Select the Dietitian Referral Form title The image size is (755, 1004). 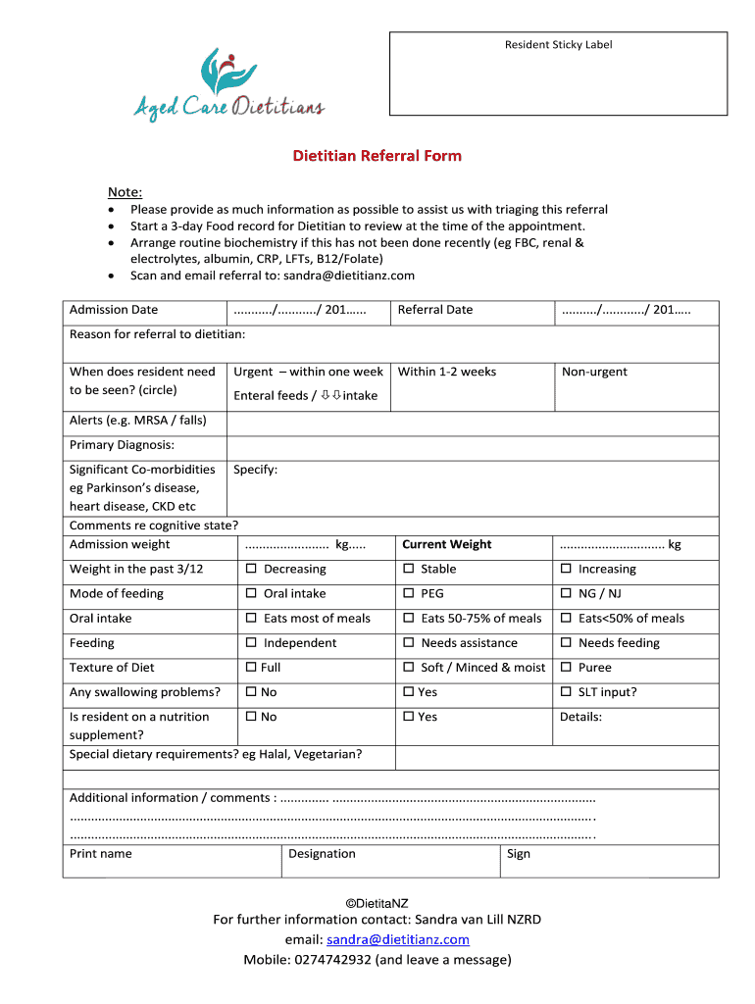377,156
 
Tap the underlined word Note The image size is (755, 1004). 125,192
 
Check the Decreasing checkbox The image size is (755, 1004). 251,570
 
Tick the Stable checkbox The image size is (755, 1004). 409,570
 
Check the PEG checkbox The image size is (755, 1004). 409,594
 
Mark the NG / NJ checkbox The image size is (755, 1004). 566,594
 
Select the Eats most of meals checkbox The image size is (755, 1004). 251,619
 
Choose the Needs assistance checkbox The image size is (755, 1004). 409,643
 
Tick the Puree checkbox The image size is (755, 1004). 566,668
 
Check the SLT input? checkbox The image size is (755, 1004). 566,692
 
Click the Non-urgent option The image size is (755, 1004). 594,372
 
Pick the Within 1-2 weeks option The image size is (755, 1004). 446,372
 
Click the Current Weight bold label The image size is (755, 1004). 447,544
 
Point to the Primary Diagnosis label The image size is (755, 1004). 122,445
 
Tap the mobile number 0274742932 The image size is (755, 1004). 332,960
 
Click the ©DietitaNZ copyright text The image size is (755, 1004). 377,901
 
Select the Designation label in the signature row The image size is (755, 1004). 322,854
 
